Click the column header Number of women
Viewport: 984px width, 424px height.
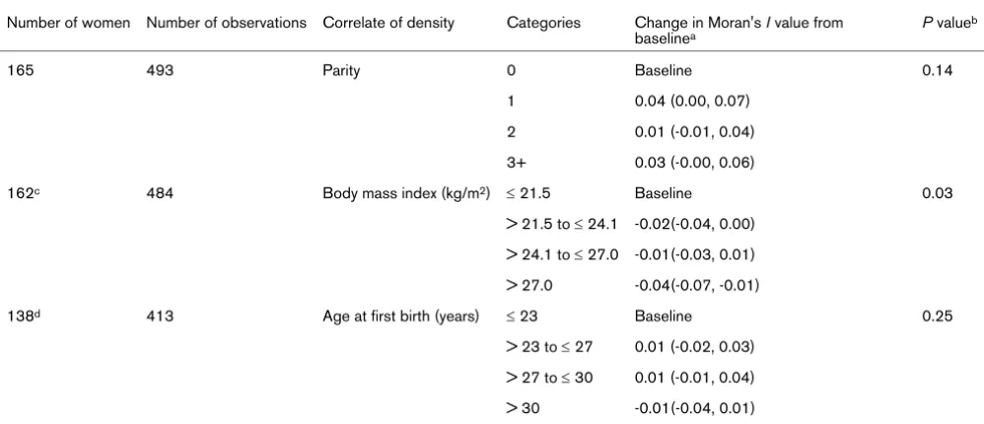[x=68, y=24]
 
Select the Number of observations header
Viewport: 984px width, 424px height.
[x=226, y=24]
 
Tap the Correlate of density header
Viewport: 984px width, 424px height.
[x=388, y=24]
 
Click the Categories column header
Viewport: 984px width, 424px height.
[x=543, y=24]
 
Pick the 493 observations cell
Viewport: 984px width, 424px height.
[x=160, y=71]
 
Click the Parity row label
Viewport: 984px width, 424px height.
[x=341, y=71]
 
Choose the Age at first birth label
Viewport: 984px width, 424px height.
[x=401, y=317]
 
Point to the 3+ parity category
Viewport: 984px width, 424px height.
[x=517, y=163]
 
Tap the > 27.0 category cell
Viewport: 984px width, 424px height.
[x=529, y=286]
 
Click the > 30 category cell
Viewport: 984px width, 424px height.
[x=523, y=409]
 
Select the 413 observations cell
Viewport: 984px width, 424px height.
[x=160, y=317]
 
